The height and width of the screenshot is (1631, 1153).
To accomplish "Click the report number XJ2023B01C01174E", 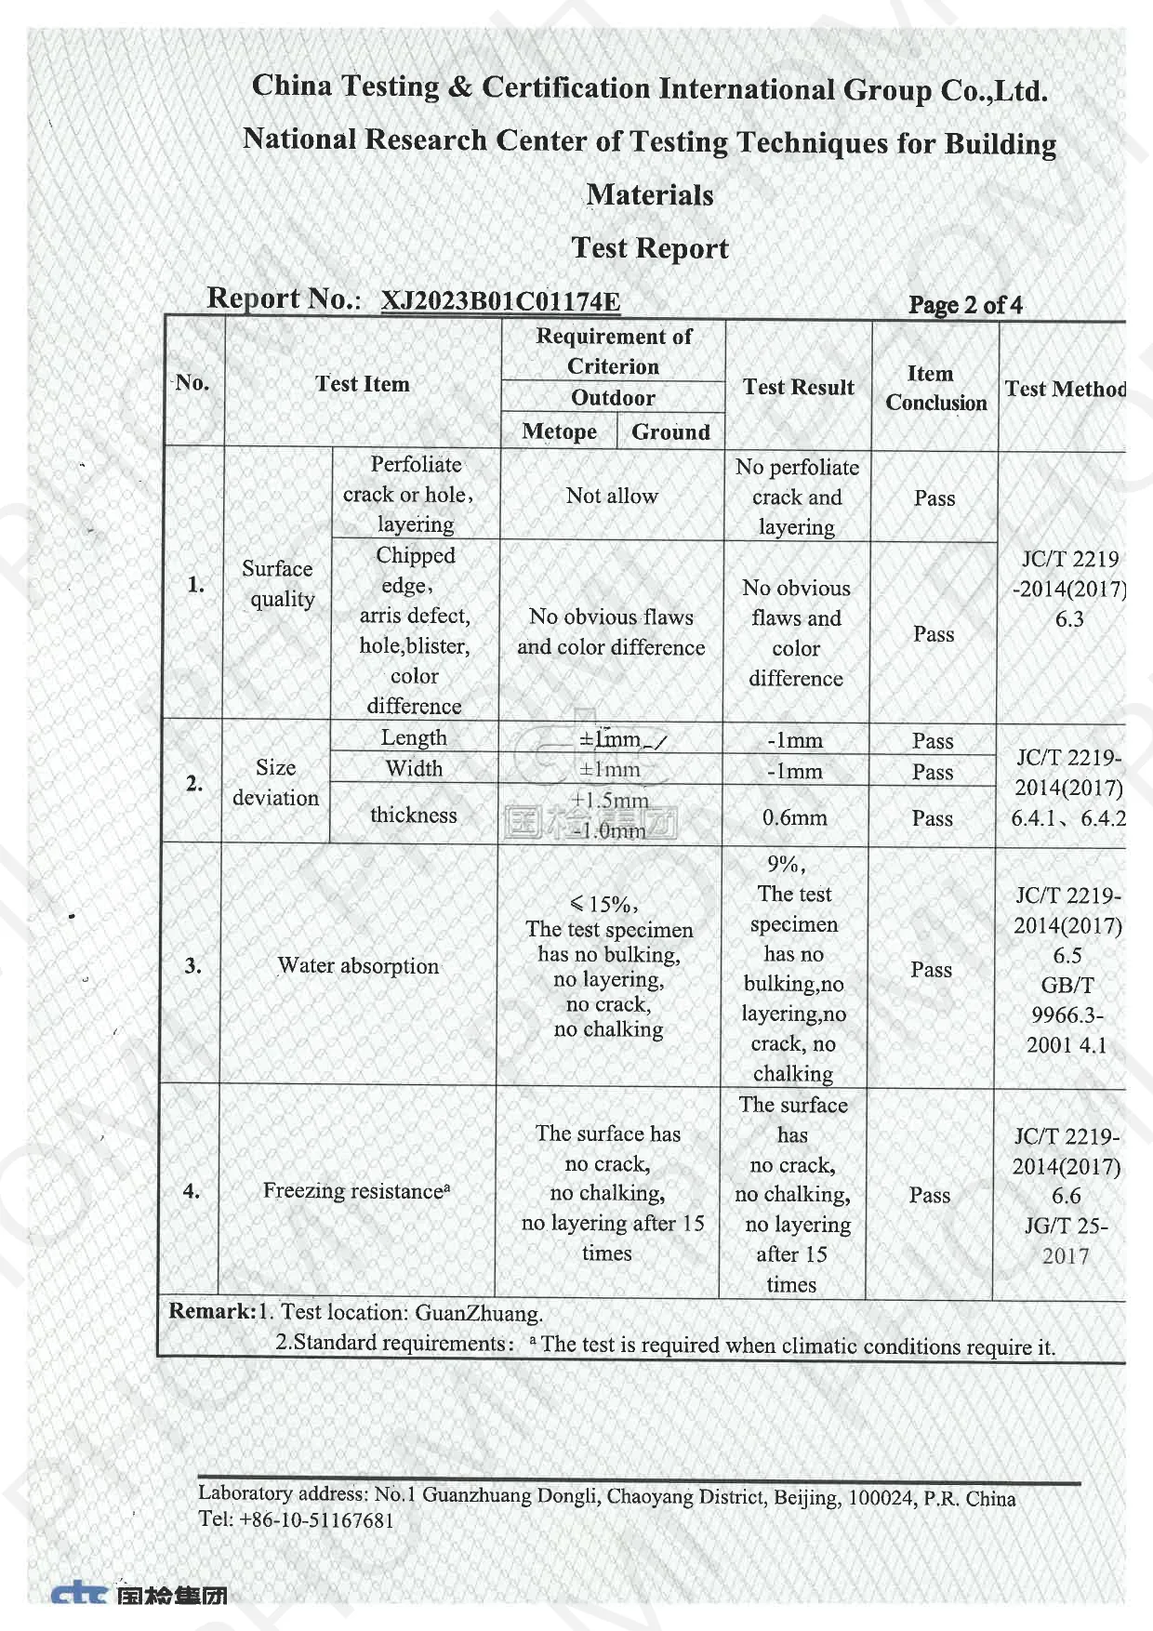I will pyautogui.click(x=500, y=301).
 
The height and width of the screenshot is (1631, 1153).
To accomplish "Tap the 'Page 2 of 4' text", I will pyautogui.click(x=965, y=305).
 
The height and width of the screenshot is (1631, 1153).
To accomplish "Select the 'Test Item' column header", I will pyautogui.click(x=362, y=384).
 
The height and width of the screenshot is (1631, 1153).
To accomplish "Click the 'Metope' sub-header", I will pyautogui.click(x=560, y=431).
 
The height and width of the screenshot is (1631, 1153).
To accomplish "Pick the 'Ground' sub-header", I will pyautogui.click(x=670, y=431).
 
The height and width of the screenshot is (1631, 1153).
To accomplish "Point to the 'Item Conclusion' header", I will pyautogui.click(x=935, y=388).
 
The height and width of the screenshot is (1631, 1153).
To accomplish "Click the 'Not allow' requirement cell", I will pyautogui.click(x=612, y=496).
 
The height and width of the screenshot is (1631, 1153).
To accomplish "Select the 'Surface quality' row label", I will pyautogui.click(x=278, y=583).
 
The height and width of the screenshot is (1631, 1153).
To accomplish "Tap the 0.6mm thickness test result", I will pyautogui.click(x=794, y=817).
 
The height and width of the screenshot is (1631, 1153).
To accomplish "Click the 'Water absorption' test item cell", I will pyautogui.click(x=358, y=965).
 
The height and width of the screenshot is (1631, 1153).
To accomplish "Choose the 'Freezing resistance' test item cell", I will pyautogui.click(x=356, y=1190).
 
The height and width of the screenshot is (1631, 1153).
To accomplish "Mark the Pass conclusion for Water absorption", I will pyautogui.click(x=931, y=969).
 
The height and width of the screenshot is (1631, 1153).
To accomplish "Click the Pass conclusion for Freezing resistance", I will pyautogui.click(x=929, y=1195).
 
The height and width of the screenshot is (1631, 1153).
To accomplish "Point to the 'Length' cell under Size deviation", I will pyautogui.click(x=414, y=737).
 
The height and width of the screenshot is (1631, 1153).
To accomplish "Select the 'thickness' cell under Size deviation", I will pyautogui.click(x=414, y=815).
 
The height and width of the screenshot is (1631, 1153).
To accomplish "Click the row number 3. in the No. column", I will pyautogui.click(x=192, y=965).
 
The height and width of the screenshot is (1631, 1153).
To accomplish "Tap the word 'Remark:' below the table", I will pyautogui.click(x=211, y=1311).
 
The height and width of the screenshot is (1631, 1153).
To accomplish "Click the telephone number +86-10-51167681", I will pyautogui.click(x=316, y=1520).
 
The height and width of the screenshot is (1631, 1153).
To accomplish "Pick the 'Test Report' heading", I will pyautogui.click(x=650, y=248).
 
